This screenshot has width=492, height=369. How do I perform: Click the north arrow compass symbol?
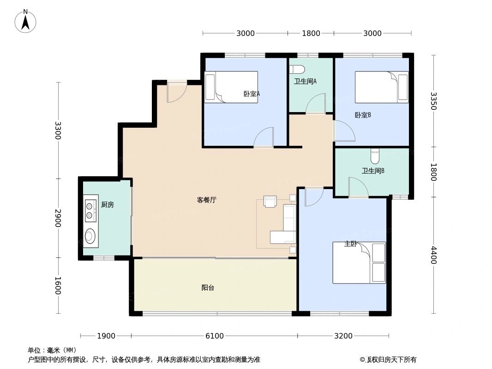tap(26, 21)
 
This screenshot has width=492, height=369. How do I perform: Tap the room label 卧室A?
tap(252, 94)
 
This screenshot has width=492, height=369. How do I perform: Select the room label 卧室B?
tap(363, 115)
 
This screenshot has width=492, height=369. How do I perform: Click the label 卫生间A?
tap(305, 82)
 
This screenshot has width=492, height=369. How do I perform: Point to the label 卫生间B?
tap(373, 171)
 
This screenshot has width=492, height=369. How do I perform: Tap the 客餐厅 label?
tap(206, 200)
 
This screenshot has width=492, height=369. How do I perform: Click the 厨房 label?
tap(107, 205)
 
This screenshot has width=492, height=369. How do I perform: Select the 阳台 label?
tap(208, 288)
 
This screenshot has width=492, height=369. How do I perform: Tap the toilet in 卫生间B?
tap(375, 156)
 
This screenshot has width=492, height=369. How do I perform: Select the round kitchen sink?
tap(90, 237)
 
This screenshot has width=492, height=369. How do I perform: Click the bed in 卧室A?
tap(231, 87)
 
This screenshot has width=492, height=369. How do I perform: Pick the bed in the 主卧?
tap(359, 262)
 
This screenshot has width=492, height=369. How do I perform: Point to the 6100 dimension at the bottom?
tap(215, 336)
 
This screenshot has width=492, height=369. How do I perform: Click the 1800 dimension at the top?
tap(311, 33)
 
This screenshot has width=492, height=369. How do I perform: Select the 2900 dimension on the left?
tap(58, 218)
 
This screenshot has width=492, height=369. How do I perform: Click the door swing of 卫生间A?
tap(317, 104)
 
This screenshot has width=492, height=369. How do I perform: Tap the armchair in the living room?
tap(270, 202)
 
